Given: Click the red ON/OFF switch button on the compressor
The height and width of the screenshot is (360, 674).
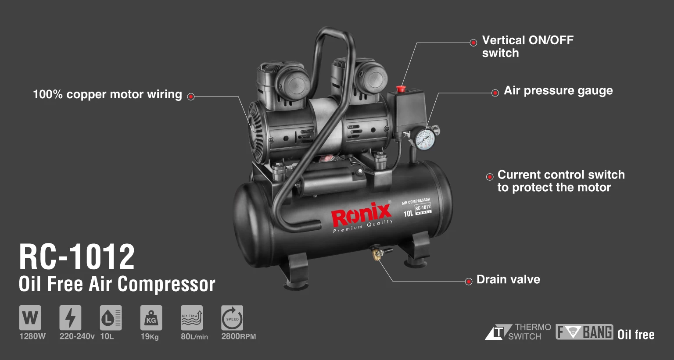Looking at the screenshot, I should coord(401,89).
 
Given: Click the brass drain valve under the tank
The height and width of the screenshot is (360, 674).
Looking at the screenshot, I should coord(376,253).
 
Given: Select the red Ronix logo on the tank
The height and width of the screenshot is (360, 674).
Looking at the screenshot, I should coord(361,215).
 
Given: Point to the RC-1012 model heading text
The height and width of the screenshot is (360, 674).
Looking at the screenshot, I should coord(77,257).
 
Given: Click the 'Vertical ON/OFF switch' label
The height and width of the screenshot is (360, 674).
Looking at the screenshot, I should coord(527,46).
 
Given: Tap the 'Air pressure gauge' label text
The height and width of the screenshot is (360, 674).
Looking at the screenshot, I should coord(558,91).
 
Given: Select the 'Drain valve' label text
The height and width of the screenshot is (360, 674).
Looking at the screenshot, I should coord(508,280).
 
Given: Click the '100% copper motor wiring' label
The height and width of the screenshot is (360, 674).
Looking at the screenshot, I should coord(108,94).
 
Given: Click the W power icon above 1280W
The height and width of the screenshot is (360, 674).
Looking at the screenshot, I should coord(30,317).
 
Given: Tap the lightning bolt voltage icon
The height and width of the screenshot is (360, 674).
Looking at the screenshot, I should coord(70,317).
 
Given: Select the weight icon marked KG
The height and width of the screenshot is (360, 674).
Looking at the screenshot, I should coord(151,317).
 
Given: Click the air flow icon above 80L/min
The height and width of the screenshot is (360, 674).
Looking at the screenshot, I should coord(192,317).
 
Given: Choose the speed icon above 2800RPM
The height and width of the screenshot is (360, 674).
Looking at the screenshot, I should coord(232,317).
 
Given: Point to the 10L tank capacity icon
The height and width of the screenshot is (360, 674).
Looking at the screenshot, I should coord(111,317).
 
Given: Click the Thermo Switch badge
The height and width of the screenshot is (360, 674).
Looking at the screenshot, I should coord(518,332).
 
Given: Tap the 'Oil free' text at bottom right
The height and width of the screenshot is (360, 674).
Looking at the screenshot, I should coord(636,335).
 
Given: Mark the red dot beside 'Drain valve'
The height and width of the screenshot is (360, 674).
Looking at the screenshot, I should coord(469,281).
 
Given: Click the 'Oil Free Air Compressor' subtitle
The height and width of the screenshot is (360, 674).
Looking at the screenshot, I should coord(117,284).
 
